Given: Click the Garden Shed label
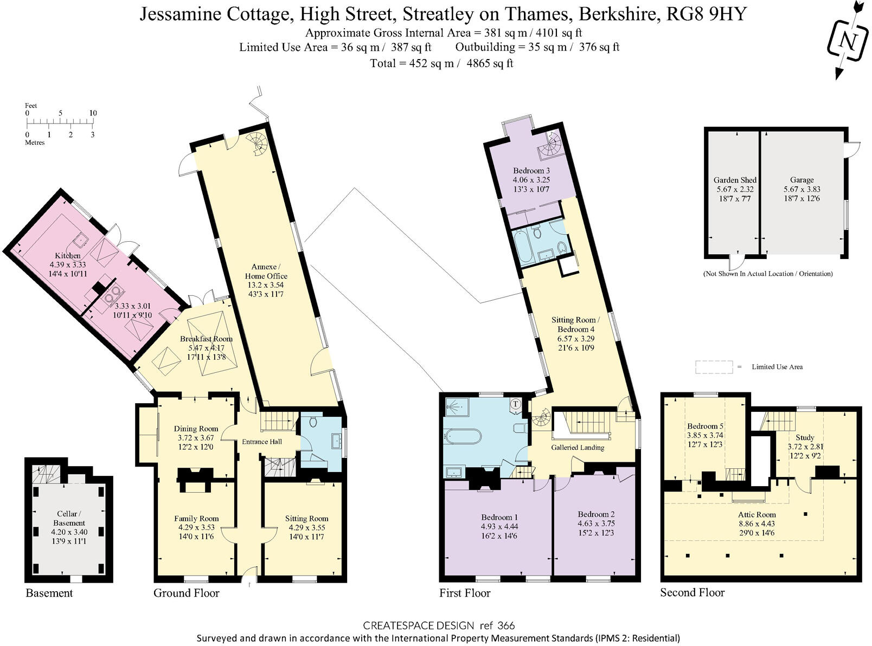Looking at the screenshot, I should coord(735,180).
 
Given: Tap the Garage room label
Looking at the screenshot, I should coord(802,180).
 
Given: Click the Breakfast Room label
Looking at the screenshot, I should coord(206,339).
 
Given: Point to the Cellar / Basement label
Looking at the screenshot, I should coord(69,518).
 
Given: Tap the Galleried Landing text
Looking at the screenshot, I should coord(578,448).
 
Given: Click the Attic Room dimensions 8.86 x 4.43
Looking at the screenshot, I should coord(757,524).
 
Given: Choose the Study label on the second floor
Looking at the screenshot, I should coord(805,437).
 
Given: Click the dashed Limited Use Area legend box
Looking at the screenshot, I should coord(714,367).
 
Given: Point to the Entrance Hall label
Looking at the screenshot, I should coord(261,442).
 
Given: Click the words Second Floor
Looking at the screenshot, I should coord(692,592).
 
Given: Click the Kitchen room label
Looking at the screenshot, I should coord(68,256).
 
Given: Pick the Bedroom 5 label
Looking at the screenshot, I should coord(705,427).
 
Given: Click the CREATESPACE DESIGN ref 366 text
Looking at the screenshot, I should coord(438,625).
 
